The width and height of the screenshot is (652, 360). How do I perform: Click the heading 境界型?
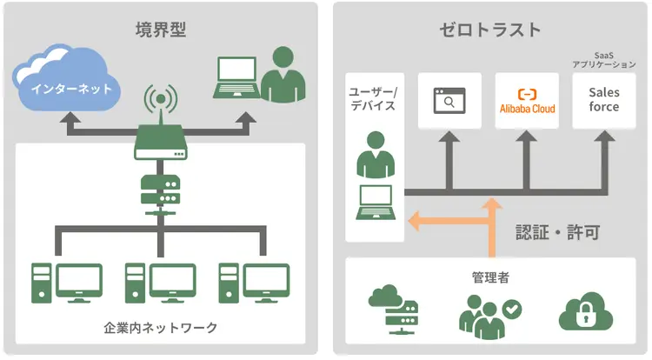pos(161,29)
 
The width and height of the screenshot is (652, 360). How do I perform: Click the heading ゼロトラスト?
pos(490,29)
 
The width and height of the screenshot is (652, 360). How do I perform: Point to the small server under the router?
pos(160,190)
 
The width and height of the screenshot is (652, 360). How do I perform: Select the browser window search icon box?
pos(449,102)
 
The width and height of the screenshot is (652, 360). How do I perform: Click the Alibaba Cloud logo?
pos(527,102)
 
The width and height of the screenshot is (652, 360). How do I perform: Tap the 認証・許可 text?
pos(556,232)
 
